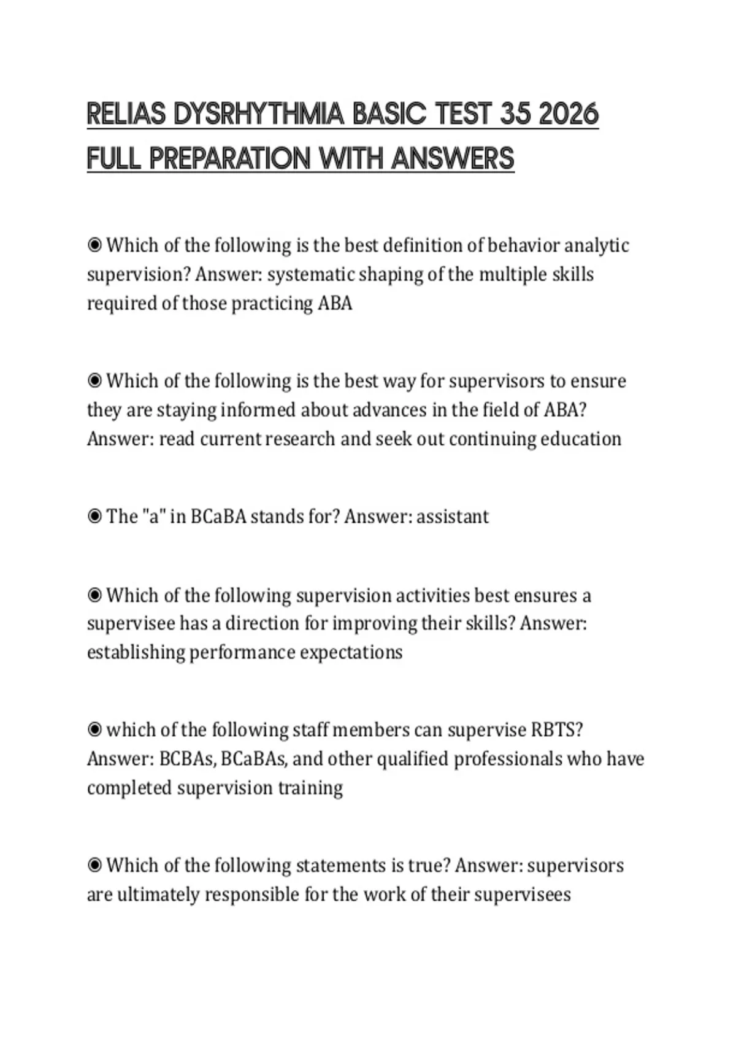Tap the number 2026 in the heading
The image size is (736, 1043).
click(568, 115)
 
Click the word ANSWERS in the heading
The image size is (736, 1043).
click(453, 159)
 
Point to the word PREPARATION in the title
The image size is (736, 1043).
click(230, 159)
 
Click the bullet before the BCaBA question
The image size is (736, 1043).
click(94, 517)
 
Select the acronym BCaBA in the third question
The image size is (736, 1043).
click(218, 517)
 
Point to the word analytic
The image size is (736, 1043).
click(596, 245)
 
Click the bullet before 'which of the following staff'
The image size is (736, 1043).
click(94, 730)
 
